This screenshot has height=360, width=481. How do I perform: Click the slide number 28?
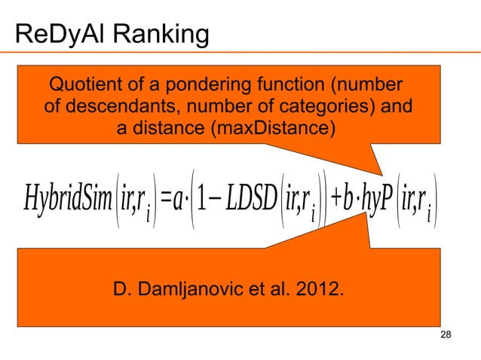tap(444, 334)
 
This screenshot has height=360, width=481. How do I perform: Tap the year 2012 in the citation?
tap(315, 289)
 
